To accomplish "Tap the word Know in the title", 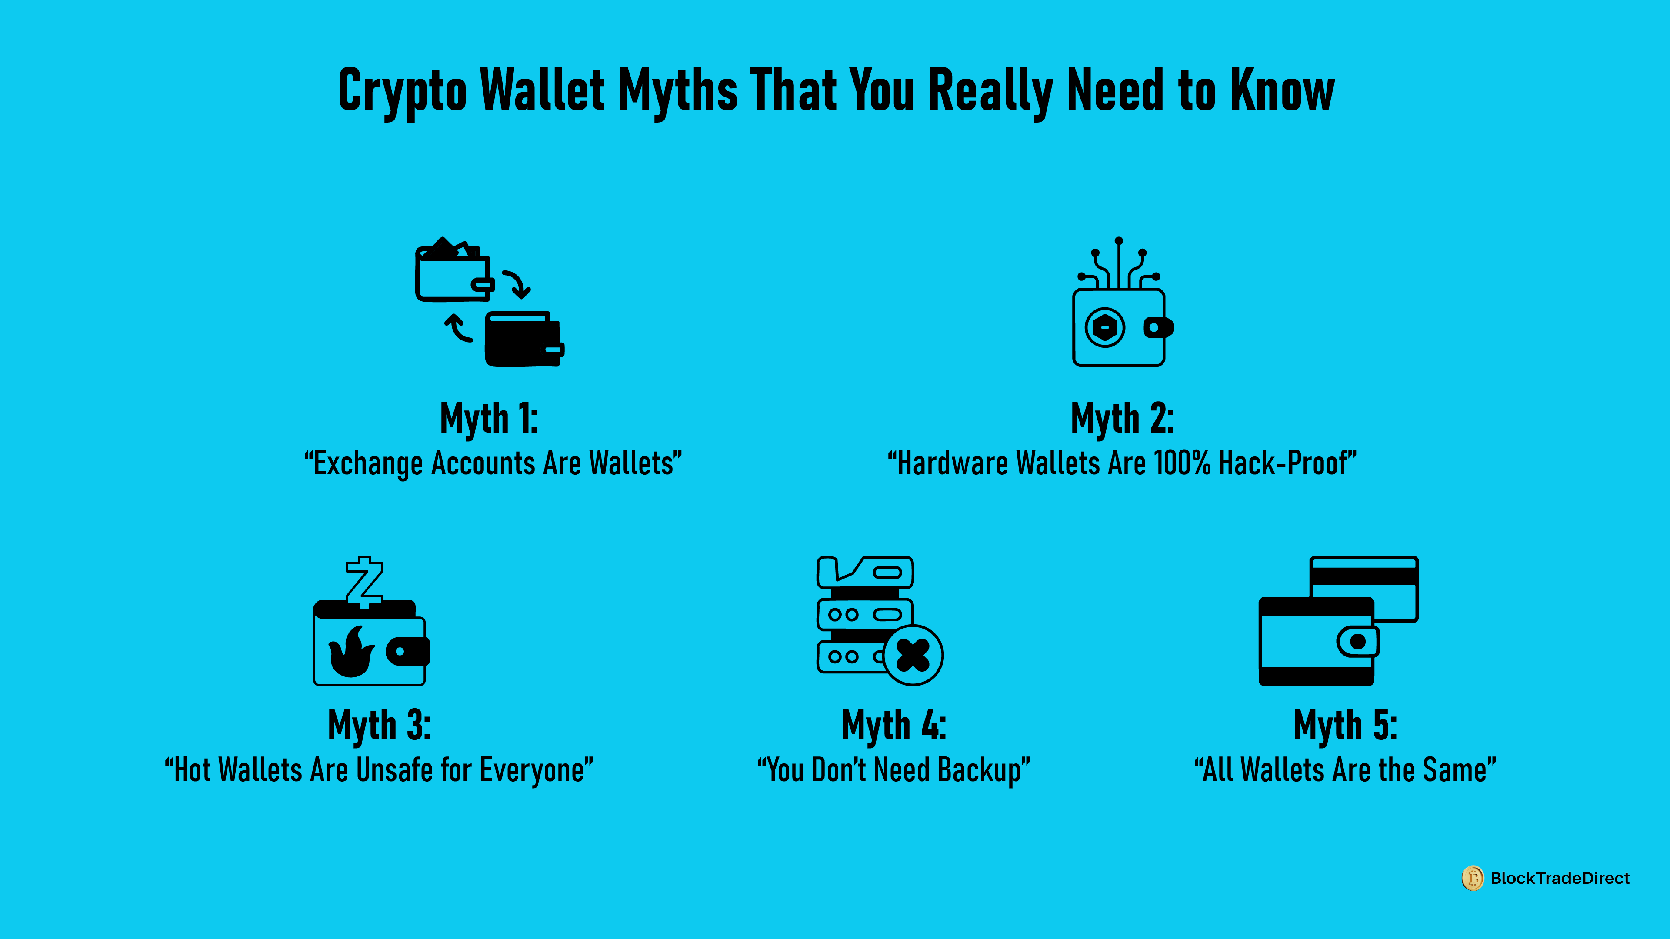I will coord(1282,91).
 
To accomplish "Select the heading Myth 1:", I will coord(488,418).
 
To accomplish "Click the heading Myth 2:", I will coord(1122,418).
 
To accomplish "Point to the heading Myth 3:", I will coord(379,725).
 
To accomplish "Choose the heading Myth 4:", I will coord(893,725).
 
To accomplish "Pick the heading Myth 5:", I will coord(1345,725).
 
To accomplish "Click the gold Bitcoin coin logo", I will coord(1472,878).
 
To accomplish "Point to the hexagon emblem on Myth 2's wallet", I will coord(1105,327).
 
